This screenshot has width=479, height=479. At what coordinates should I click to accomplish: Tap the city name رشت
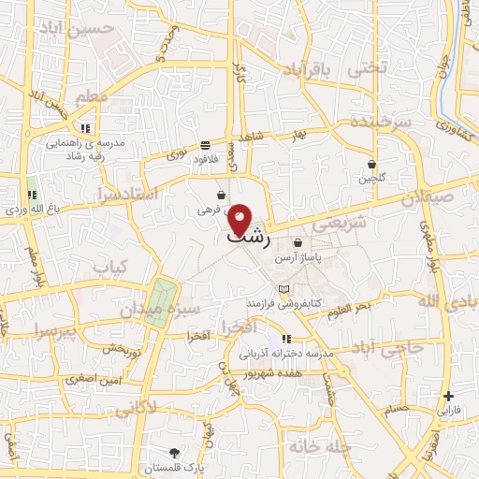tap(249, 239)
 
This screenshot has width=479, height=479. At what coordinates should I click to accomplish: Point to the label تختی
tap(367, 68)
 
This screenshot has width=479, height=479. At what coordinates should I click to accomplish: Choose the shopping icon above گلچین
tap(371, 163)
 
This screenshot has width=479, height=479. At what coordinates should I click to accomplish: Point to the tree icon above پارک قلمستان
tap(174, 453)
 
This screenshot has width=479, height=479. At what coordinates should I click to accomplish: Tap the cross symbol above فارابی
tap(449, 396)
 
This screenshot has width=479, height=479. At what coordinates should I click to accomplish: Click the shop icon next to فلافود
tap(205, 145)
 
